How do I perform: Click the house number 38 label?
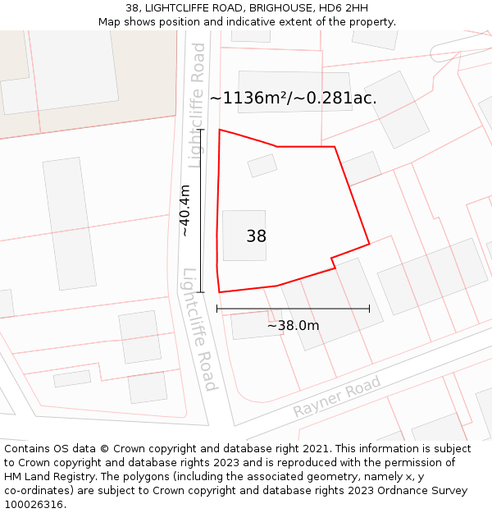pos(256,236)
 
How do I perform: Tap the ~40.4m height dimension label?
pos(185,211)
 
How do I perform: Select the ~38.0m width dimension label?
pos(293,325)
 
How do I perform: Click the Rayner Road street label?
pos(338,396)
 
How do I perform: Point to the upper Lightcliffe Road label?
pos(197,105)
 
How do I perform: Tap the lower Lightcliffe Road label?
pos(199,329)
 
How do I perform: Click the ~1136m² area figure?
pos(248,98)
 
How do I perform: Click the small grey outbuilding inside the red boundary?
pos(262,165)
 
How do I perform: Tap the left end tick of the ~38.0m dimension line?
pos(217,309)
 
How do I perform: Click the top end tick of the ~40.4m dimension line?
pos(200,130)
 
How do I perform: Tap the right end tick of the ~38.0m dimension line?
pos(369,309)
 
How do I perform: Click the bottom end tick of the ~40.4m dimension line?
pos(200,291)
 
